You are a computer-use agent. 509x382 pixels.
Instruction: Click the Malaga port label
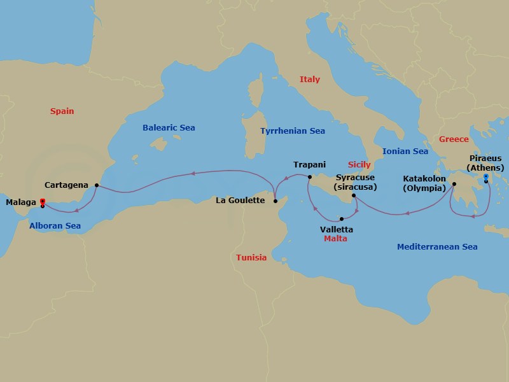20,202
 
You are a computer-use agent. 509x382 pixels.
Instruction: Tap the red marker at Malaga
42,201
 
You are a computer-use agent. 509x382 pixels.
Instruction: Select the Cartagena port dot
96,185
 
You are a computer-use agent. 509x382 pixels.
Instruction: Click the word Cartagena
67,185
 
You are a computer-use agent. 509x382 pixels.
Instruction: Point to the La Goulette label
241,201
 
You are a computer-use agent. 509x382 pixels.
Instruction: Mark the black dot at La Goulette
275,201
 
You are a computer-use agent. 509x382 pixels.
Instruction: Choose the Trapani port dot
310,177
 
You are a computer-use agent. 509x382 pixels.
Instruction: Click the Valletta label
337,229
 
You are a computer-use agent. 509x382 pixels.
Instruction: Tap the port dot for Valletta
342,219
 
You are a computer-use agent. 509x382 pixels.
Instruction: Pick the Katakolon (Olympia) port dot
454,185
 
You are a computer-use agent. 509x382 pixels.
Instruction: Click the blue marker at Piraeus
485,176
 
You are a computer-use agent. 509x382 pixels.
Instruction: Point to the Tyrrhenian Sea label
293,131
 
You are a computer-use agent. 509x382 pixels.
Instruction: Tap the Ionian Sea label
405,152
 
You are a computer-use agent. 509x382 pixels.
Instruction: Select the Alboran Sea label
55,225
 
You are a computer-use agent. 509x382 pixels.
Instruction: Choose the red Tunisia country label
251,258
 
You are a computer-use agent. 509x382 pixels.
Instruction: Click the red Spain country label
62,111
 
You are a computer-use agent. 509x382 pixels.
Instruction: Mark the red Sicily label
359,164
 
